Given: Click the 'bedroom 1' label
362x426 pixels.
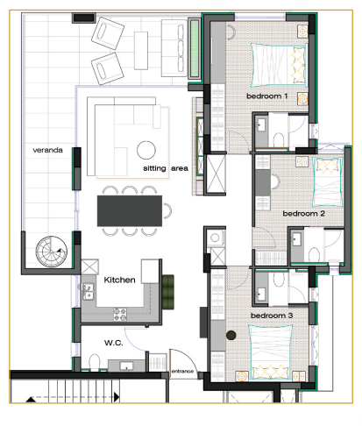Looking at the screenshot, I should [267, 96].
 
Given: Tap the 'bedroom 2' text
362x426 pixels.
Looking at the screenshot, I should [303, 213].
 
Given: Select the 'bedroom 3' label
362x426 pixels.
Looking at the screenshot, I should [272, 315].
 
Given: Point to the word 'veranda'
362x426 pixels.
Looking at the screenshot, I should [47, 150].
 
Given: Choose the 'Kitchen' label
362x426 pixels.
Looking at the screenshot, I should [119, 280].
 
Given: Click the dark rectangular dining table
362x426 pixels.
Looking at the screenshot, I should [134, 210].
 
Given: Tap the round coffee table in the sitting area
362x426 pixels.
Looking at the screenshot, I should [146, 147].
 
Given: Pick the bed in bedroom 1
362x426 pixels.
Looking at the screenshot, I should [275, 61].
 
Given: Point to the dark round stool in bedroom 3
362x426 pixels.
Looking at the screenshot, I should [232, 335].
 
